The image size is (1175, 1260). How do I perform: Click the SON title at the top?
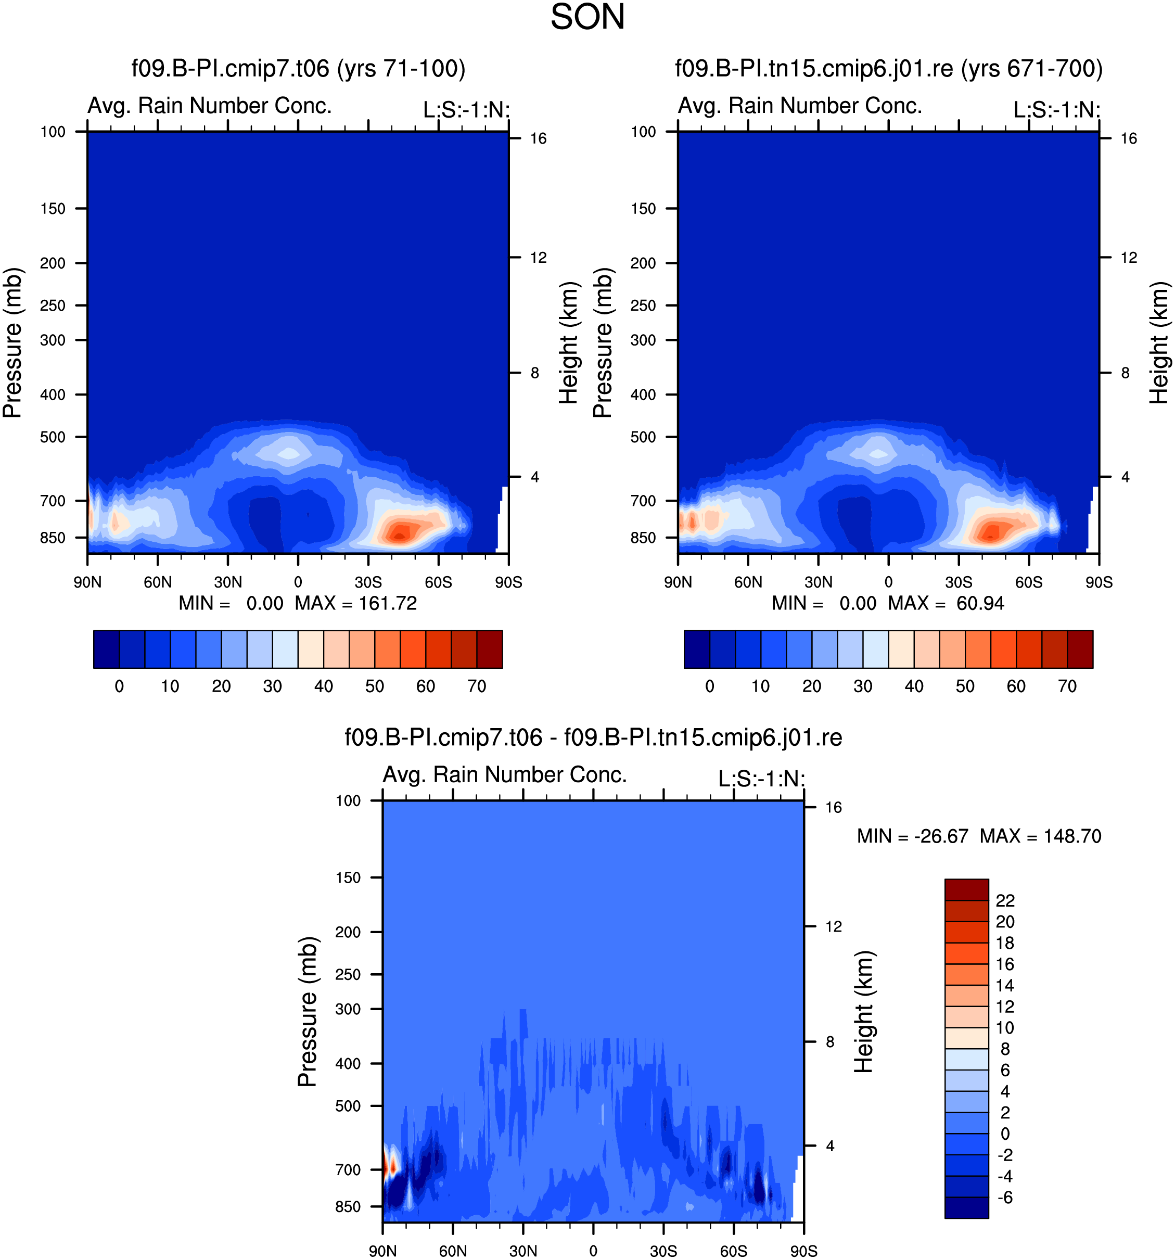pyautogui.click(x=587, y=17)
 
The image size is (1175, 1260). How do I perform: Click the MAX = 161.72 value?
pyautogui.click(x=355, y=603)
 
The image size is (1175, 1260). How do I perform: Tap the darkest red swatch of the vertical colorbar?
pyautogui.click(x=966, y=889)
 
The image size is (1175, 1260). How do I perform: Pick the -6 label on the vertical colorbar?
pyautogui.click(x=1004, y=1197)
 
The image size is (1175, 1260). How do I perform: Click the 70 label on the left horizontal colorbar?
pyautogui.click(x=477, y=686)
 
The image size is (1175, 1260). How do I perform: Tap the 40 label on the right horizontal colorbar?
pyautogui.click(x=914, y=686)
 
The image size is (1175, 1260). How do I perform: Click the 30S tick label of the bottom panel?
pyautogui.click(x=663, y=1251)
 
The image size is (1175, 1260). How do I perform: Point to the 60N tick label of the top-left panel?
pyautogui.click(x=157, y=582)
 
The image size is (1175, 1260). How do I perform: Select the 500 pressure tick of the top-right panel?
pyautogui.click(x=643, y=437)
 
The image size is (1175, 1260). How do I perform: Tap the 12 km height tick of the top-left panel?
pyautogui.click(x=538, y=257)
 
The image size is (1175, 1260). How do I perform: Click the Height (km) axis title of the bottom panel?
pyautogui.click(x=863, y=1012)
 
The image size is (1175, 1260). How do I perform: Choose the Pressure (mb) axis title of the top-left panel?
pyautogui.click(x=12, y=342)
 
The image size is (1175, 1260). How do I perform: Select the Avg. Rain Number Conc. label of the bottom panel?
pyautogui.click(x=504, y=774)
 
